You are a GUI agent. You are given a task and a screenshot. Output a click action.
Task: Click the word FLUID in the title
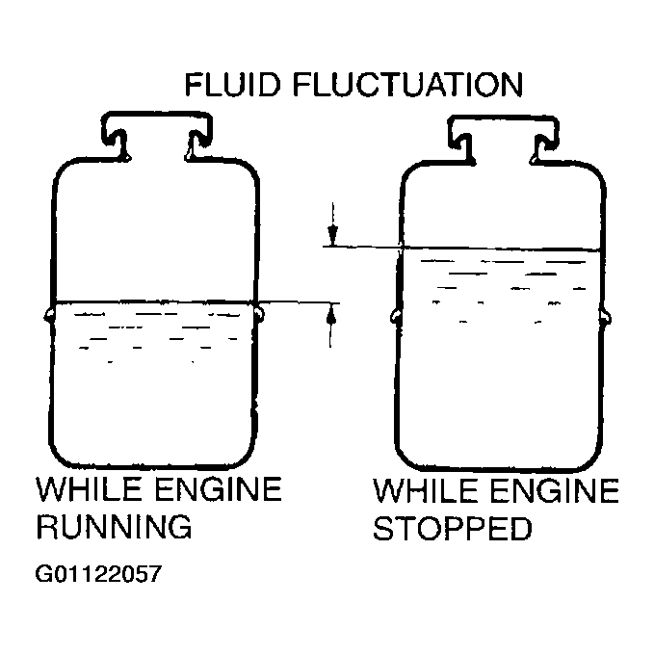(x=232, y=85)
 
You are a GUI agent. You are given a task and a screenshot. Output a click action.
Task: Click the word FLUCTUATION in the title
(x=407, y=85)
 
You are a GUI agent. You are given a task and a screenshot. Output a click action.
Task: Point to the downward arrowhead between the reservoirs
(x=332, y=235)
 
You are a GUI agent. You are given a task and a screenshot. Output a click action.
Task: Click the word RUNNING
(x=114, y=526)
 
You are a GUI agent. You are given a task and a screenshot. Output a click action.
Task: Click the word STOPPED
(x=453, y=528)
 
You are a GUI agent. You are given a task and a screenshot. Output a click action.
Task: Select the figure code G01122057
(x=98, y=573)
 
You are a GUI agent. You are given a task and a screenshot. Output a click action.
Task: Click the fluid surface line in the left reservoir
(x=154, y=301)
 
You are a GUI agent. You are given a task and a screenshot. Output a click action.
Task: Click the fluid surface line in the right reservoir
(x=501, y=249)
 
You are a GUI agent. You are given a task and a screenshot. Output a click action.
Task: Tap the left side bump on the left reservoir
(x=48, y=314)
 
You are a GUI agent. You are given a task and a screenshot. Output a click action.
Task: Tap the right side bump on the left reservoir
(x=260, y=314)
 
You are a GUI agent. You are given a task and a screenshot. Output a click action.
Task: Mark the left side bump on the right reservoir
(x=396, y=317)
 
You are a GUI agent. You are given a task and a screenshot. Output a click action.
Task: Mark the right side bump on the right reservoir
(x=607, y=318)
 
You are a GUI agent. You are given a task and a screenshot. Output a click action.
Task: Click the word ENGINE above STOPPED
(x=555, y=490)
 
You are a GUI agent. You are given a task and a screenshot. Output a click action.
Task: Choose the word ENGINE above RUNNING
(x=219, y=488)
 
